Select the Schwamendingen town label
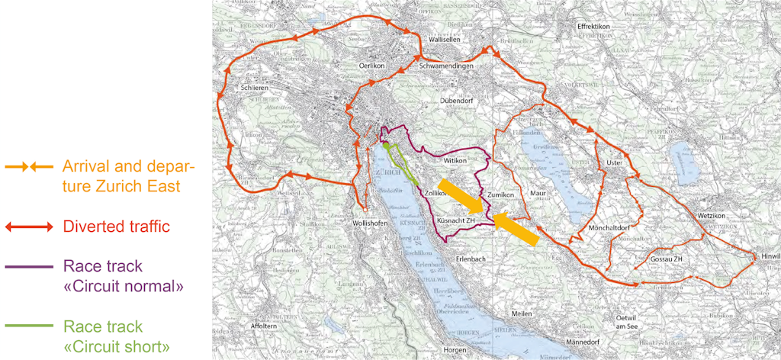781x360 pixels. click(446, 66)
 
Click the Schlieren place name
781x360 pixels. click(256, 88)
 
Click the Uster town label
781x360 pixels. click(615, 163)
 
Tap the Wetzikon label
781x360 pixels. click(713, 216)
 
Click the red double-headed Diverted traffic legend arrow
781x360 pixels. click(30, 227)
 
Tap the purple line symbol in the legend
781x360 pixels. click(31, 267)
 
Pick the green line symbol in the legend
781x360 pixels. click(31, 326)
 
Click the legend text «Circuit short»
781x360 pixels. click(116, 347)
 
